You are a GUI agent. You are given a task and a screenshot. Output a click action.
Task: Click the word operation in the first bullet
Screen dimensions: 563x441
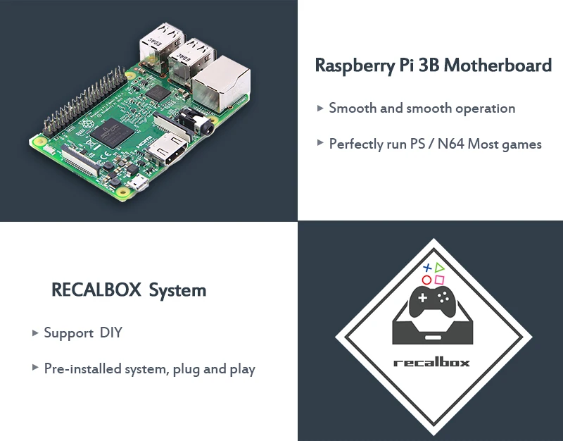485,108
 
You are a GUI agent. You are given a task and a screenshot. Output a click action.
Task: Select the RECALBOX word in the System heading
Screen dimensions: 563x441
96,290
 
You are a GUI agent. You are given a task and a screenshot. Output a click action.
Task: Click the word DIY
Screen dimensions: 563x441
111,333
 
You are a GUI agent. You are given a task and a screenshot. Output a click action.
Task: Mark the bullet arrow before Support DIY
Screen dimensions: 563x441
35,333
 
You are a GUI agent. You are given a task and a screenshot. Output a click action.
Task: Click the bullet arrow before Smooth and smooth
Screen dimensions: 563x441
320,108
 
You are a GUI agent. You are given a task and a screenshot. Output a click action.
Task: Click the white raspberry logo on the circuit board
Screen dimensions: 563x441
89,125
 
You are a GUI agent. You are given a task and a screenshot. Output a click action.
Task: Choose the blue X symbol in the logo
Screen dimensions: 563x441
426,268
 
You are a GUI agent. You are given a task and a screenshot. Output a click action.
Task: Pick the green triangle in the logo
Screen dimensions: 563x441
440,267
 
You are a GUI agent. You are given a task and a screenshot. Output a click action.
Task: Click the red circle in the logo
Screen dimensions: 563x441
426,280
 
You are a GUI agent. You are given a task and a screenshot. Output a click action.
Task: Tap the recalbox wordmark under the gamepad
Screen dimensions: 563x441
431,363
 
